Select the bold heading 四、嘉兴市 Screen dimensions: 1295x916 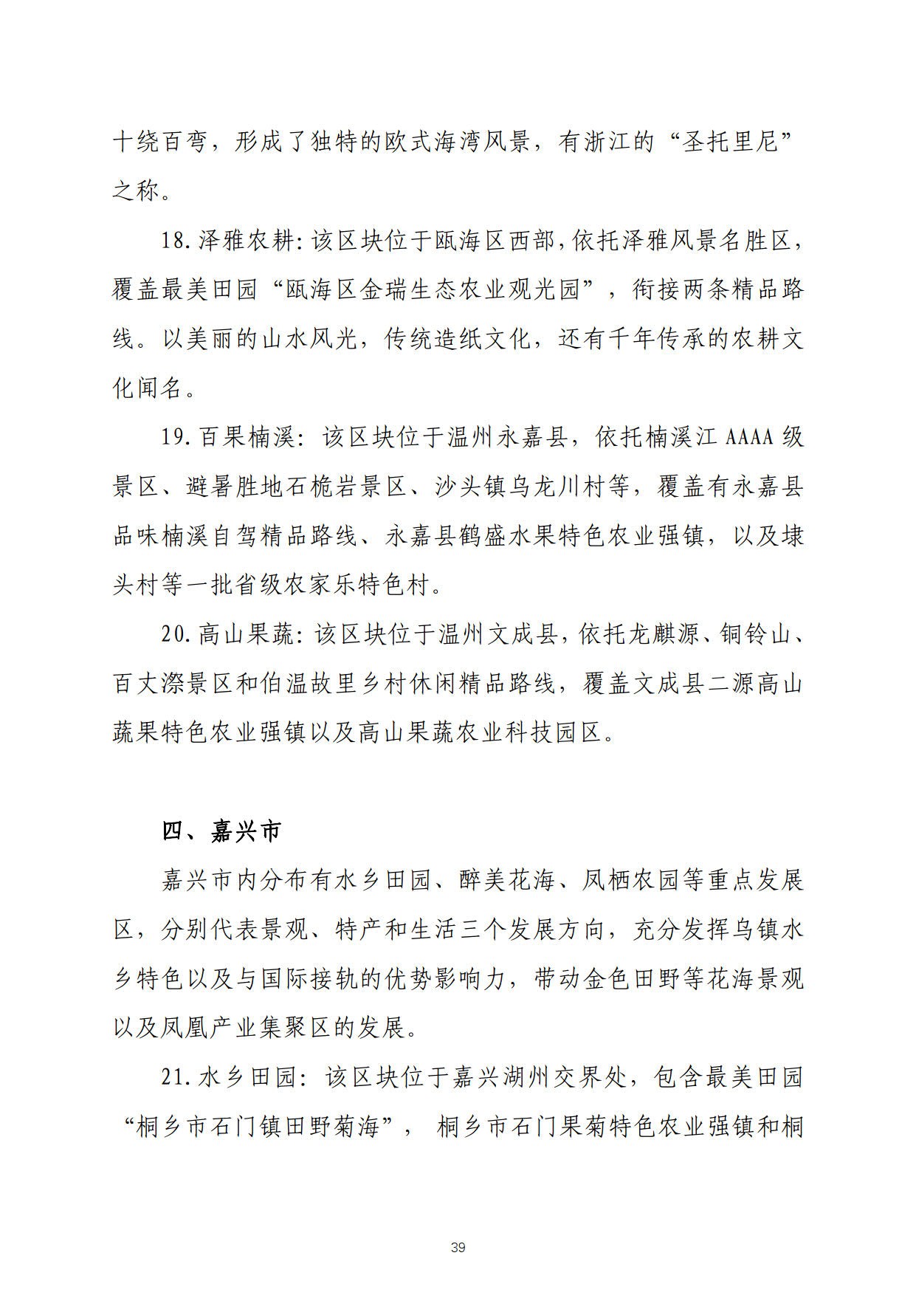(221, 832)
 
